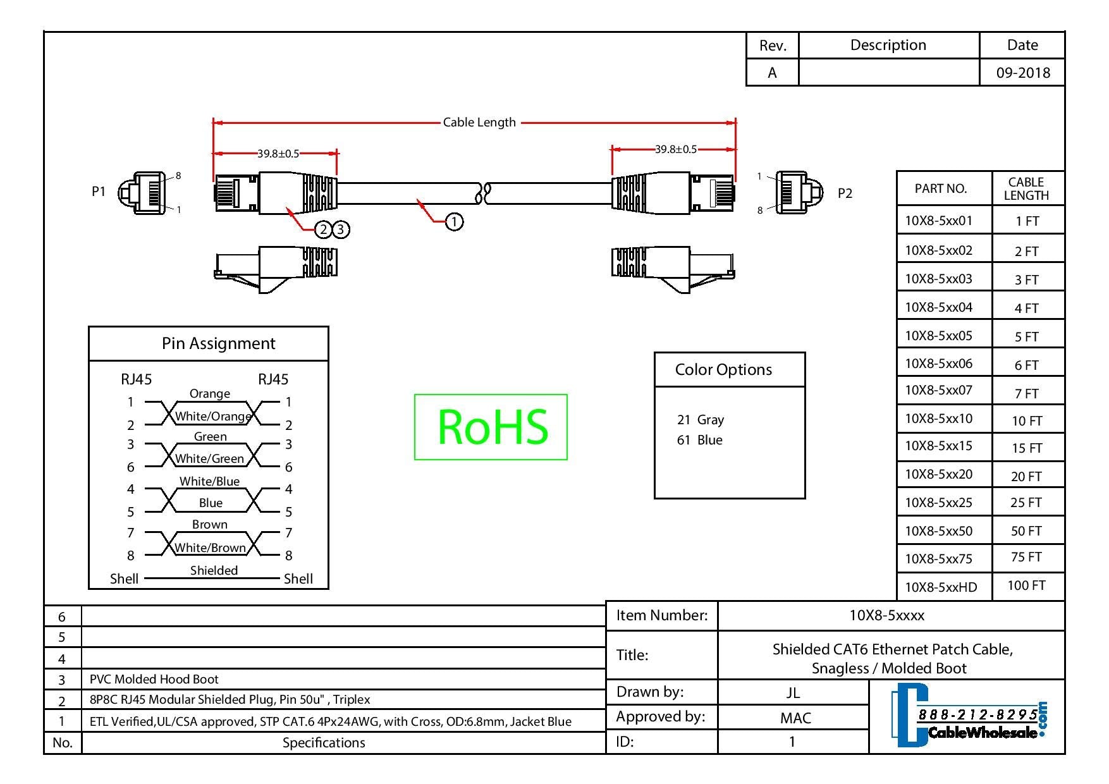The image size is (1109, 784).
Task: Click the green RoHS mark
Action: (x=491, y=427)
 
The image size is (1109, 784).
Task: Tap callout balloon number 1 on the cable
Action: (x=454, y=221)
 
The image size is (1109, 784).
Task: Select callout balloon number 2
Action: (x=323, y=229)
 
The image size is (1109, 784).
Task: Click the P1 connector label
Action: (x=99, y=191)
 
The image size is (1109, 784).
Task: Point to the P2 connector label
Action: (x=845, y=193)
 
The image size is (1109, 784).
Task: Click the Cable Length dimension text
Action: (x=479, y=122)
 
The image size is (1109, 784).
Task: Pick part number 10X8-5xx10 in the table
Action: (x=938, y=419)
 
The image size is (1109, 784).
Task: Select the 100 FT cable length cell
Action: (x=1026, y=585)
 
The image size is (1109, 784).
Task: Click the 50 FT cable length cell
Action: (x=1026, y=531)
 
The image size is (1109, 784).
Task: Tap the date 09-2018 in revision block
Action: (x=1023, y=73)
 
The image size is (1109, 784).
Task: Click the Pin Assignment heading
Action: (x=218, y=343)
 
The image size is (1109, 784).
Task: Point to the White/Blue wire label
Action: (x=209, y=481)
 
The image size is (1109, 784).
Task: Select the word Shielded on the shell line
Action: (x=214, y=570)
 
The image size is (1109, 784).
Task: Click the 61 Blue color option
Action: (x=699, y=440)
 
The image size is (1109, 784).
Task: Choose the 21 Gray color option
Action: (x=700, y=420)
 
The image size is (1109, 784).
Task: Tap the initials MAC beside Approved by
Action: (x=795, y=718)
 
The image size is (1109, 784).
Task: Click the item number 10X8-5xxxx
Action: (x=886, y=615)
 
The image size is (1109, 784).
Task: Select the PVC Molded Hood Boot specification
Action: (x=154, y=679)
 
